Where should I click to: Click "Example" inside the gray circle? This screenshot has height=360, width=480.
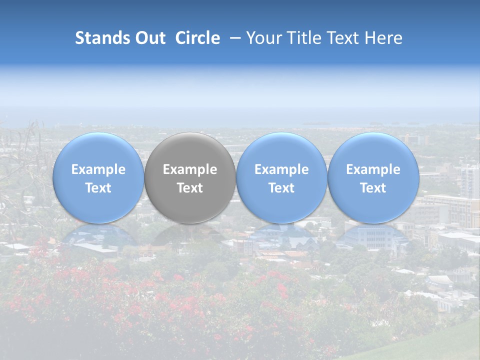point(190,169)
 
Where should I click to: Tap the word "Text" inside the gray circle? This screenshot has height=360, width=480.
point(190,188)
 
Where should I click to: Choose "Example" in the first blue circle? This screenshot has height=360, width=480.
point(98,169)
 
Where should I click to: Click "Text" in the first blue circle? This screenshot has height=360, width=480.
point(98,188)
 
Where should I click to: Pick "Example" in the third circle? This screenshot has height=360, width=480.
point(281,169)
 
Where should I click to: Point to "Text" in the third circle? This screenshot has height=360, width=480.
point(281,188)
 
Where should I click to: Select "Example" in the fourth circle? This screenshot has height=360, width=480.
point(373,169)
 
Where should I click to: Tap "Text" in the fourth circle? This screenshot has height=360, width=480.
point(373,188)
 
